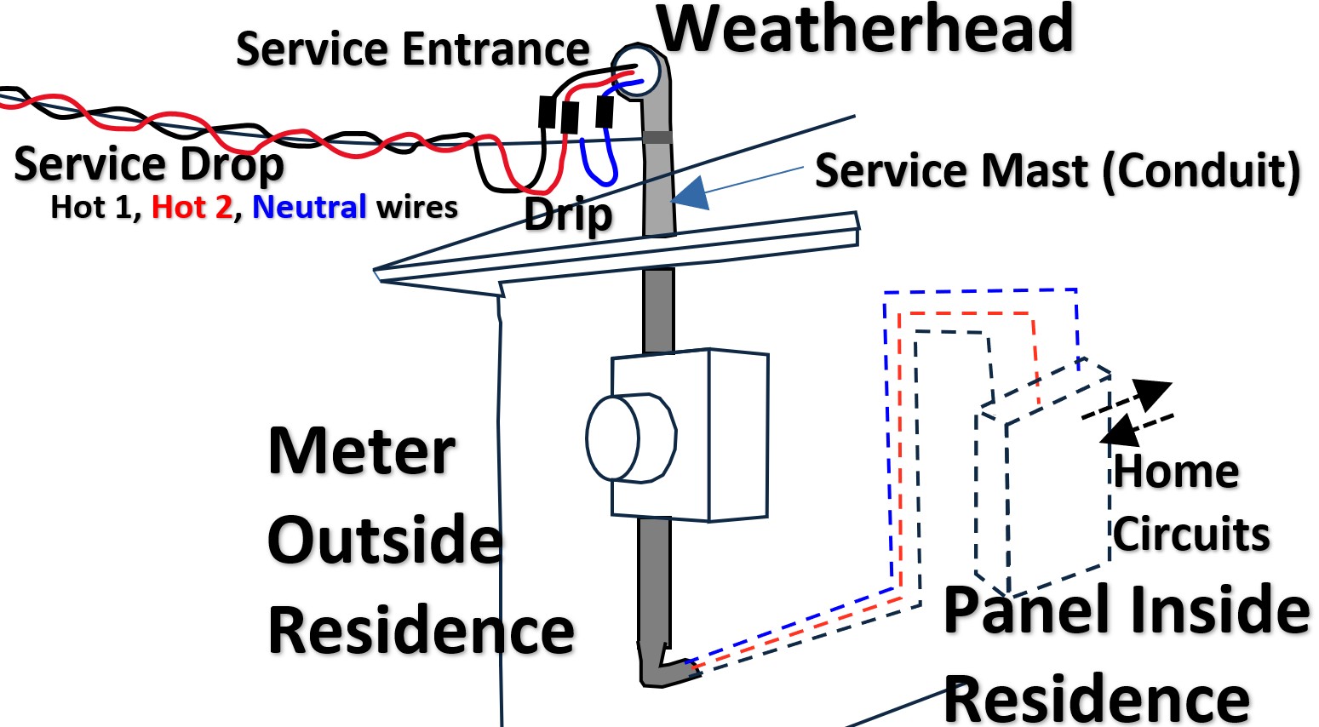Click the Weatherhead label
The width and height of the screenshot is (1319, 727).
[865, 31]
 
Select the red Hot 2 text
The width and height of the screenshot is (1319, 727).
[192, 207]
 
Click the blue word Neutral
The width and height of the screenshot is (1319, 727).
[309, 207]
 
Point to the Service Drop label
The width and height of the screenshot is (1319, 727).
[149, 164]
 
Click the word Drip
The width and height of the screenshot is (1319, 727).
[568, 214]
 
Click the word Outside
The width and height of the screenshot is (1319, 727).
[385, 540]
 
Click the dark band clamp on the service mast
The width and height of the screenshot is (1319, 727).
[657, 137]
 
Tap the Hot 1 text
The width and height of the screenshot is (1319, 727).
[94, 207]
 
